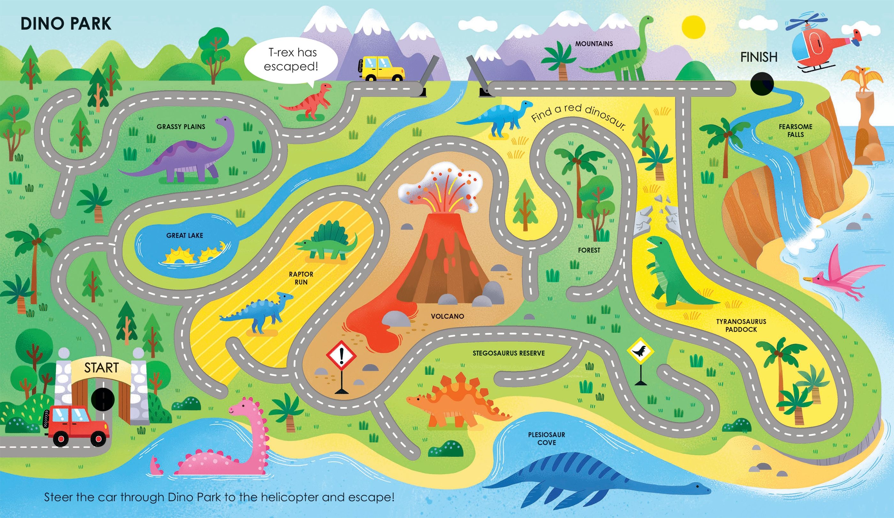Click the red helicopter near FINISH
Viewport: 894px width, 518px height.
pos(818,44)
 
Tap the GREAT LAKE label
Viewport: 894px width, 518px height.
pos(185,236)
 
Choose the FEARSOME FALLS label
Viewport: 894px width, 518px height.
pos(795,130)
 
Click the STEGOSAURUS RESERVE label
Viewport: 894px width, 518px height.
pos(508,353)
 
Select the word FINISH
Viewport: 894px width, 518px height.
pos(759,57)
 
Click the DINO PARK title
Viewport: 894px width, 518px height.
pos(66,24)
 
